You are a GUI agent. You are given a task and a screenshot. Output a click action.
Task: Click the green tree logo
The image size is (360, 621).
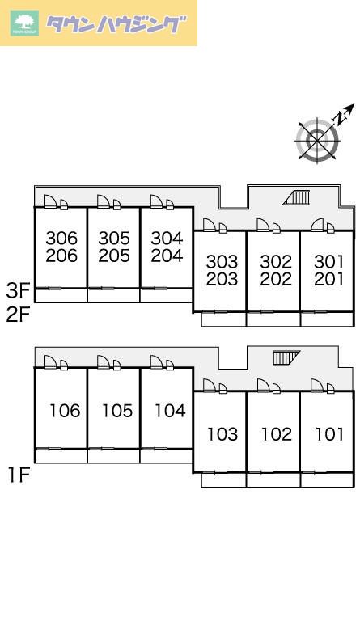pyautogui.click(x=24, y=23)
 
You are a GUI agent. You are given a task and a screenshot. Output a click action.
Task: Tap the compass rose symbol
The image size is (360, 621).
pyautogui.click(x=318, y=141)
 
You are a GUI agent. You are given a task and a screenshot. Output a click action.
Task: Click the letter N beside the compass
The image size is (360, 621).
pyautogui.click(x=340, y=117)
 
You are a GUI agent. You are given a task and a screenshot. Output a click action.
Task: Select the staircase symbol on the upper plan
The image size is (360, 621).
pyautogui.click(x=296, y=197)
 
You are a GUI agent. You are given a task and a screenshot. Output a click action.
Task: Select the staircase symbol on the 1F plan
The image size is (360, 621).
pyautogui.click(x=286, y=358)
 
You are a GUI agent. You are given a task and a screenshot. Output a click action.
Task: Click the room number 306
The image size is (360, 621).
pyautogui.click(x=61, y=239)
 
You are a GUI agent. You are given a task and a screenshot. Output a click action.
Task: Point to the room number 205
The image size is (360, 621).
pyautogui.click(x=114, y=256)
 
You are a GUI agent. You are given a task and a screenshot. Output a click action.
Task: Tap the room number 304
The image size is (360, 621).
pyautogui.click(x=167, y=239)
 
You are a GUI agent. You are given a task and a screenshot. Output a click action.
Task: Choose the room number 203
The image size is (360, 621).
pyautogui.click(x=222, y=279)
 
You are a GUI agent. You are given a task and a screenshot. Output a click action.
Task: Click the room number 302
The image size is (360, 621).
pyautogui.click(x=276, y=262)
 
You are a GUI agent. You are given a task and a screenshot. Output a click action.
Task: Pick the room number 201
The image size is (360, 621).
pyautogui.click(x=329, y=279)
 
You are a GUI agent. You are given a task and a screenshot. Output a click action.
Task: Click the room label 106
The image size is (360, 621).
pyautogui.click(x=65, y=411)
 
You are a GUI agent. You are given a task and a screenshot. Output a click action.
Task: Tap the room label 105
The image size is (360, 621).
pyautogui.click(x=117, y=411)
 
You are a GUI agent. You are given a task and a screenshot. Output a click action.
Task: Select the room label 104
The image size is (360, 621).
pyautogui.click(x=171, y=411)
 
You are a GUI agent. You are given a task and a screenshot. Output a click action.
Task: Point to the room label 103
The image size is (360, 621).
pyautogui.click(x=223, y=434)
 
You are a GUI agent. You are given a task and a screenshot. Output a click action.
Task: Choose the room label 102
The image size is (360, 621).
pyautogui.click(x=277, y=434)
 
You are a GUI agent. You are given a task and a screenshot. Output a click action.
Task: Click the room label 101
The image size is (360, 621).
pyautogui.click(x=329, y=434)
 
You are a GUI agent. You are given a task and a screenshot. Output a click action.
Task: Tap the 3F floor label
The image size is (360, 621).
pyautogui.click(x=19, y=291)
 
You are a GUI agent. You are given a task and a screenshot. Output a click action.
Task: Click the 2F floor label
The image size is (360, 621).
pyautogui.click(x=19, y=315)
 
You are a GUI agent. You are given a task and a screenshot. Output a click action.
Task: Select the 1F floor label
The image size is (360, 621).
pyautogui.click(x=19, y=475)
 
